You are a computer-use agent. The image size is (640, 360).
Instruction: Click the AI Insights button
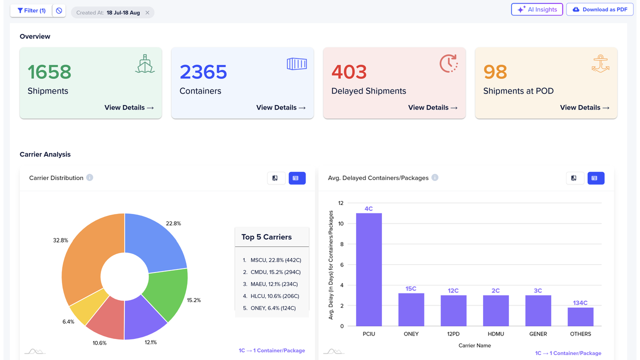click(x=537, y=9)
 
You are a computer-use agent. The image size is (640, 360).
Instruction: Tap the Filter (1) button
click(x=31, y=10)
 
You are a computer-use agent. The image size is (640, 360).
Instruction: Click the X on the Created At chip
click(x=147, y=12)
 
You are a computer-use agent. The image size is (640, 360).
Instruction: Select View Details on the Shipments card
click(x=129, y=107)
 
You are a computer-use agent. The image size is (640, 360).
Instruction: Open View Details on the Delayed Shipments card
click(x=433, y=107)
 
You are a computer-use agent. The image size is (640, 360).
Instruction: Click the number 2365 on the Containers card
click(x=203, y=71)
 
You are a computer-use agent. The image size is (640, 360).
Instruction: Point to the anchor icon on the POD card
click(x=600, y=63)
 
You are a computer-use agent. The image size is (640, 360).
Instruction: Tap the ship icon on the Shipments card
click(x=145, y=63)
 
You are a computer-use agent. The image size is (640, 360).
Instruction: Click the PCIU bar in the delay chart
click(x=369, y=269)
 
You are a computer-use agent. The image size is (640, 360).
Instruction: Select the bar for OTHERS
click(x=580, y=317)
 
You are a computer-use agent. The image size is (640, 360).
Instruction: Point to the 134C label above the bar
click(x=580, y=302)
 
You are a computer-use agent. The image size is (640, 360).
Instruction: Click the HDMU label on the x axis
click(x=495, y=334)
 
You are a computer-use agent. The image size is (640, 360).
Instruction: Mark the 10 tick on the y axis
click(x=341, y=223)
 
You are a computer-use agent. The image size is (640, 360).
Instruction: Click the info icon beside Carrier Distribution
click(x=89, y=177)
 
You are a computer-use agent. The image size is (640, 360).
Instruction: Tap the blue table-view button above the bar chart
click(x=595, y=178)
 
